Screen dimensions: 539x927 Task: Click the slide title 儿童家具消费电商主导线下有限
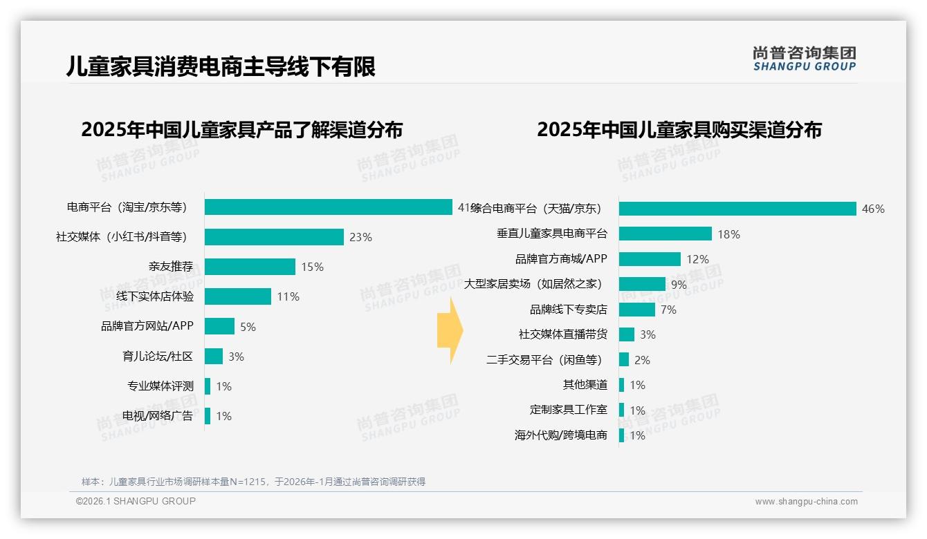(x=221, y=66)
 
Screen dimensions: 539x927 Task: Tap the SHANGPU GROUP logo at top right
(x=804, y=59)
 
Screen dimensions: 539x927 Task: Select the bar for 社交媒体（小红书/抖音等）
(x=274, y=237)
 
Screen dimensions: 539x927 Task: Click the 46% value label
(x=873, y=209)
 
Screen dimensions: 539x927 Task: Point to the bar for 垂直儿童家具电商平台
(x=665, y=234)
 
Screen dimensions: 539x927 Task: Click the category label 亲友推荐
(x=171, y=267)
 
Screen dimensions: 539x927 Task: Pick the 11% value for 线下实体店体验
(x=288, y=296)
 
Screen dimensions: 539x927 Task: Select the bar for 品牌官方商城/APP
(x=650, y=259)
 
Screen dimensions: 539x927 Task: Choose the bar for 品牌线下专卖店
(x=636, y=310)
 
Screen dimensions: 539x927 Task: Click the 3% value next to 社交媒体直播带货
(x=648, y=334)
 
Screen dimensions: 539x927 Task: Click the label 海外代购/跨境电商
(x=560, y=435)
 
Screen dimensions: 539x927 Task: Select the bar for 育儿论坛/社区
(x=214, y=357)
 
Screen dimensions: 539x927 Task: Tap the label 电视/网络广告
(x=158, y=416)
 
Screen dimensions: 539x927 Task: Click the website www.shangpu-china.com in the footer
(x=806, y=502)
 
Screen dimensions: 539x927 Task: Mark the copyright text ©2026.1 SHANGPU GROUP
(x=136, y=501)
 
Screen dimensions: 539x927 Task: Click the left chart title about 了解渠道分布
(x=241, y=130)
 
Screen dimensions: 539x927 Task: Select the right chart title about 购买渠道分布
(x=679, y=130)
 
